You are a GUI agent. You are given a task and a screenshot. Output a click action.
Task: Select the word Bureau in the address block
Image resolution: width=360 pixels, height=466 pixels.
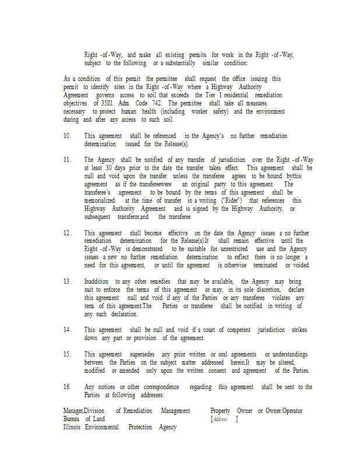coord(72,419)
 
